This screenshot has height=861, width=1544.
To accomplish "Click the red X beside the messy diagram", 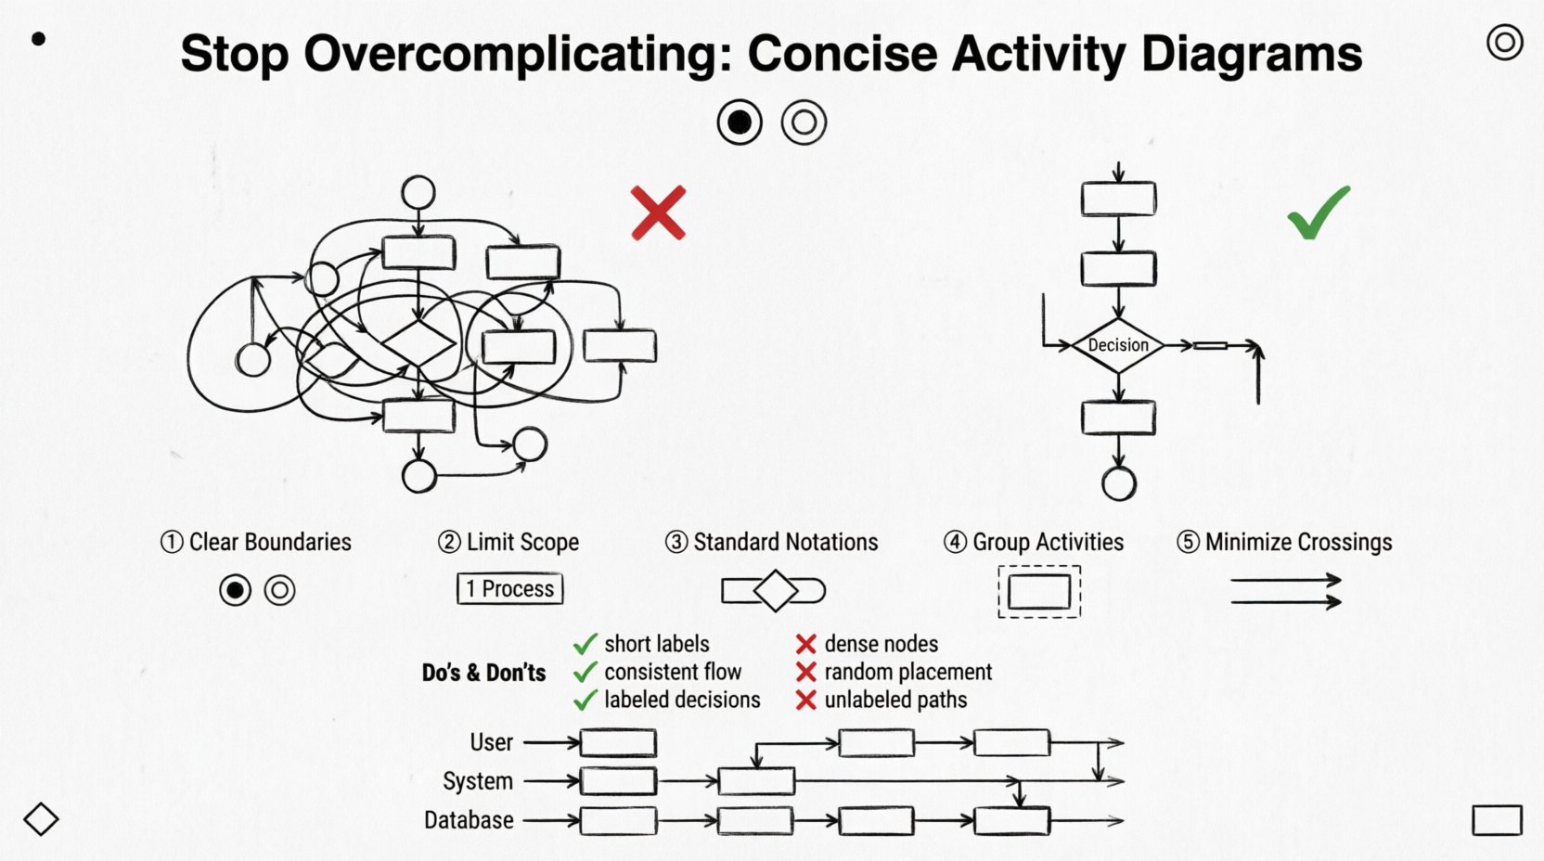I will [x=658, y=212].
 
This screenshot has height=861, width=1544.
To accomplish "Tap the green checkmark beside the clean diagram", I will [x=1319, y=212].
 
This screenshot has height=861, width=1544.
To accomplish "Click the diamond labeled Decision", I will [x=1118, y=345].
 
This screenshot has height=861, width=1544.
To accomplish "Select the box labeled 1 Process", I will [x=510, y=589].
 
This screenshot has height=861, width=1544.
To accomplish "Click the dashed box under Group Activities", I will [x=1039, y=592].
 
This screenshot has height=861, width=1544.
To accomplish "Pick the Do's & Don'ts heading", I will [x=483, y=673].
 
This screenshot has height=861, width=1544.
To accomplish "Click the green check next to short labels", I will [x=585, y=644].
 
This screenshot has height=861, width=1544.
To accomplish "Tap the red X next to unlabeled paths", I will [x=806, y=700].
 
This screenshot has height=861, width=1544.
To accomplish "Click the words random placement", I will [x=907, y=672].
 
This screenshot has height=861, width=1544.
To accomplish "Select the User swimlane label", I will [x=491, y=742].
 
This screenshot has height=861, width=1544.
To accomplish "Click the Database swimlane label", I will [x=469, y=820].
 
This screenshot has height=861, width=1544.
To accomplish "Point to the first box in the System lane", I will [x=618, y=781].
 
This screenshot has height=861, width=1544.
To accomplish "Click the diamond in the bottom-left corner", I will [x=41, y=819].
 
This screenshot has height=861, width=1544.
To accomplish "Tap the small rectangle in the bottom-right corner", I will [x=1497, y=820].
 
